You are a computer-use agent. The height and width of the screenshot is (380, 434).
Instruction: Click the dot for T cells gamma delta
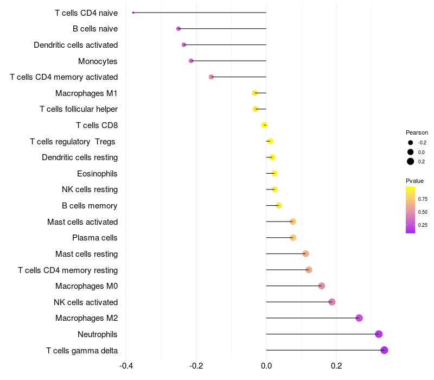[384, 350]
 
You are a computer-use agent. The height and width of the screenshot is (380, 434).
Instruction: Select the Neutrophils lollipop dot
[379, 334]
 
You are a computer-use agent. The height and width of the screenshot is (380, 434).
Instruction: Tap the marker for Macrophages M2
[359, 318]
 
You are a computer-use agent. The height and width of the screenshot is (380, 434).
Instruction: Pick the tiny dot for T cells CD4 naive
[133, 12]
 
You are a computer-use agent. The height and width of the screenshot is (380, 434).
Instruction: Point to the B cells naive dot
[178, 29]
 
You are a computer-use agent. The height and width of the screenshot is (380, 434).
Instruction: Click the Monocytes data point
[191, 61]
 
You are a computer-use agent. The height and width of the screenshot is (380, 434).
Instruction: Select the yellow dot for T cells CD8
[264, 125]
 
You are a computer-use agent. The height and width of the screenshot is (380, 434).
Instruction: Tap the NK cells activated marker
[332, 302]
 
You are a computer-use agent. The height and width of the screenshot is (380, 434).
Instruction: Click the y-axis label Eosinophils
[98, 174]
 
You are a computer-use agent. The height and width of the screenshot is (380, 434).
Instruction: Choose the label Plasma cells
[95, 238]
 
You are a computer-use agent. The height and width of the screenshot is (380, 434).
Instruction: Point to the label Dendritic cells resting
[80, 157]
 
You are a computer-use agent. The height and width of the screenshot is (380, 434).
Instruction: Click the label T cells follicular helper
[79, 109]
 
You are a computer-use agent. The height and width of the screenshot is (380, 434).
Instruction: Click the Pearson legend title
[417, 132]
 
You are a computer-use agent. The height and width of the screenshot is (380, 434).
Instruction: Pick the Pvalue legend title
[415, 181]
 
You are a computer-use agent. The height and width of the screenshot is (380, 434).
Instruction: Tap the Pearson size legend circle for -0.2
[411, 143]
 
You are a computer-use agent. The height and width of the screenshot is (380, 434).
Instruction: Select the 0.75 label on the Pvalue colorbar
[423, 199]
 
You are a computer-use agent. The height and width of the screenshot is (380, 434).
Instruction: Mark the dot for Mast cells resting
[305, 254]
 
